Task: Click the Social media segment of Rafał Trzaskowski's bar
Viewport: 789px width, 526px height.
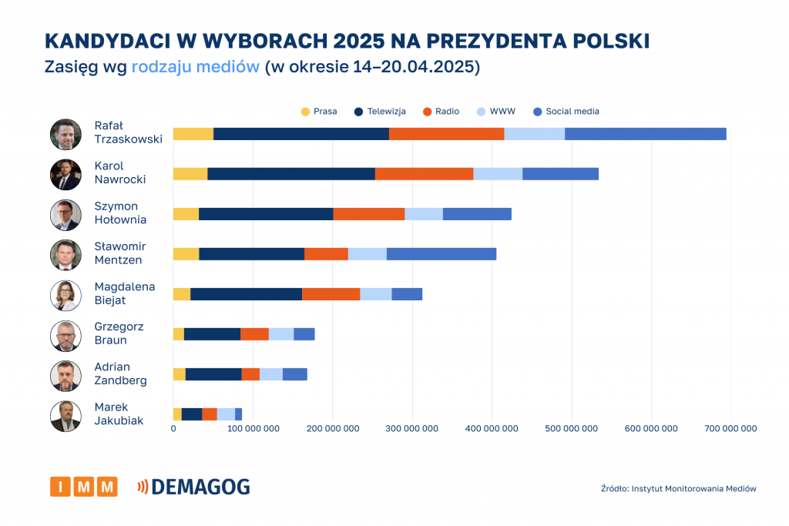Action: pyautogui.click(x=645, y=134)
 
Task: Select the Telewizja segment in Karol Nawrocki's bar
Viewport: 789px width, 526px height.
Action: pyautogui.click(x=291, y=174)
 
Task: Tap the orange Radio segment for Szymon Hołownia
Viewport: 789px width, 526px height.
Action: pyautogui.click(x=368, y=214)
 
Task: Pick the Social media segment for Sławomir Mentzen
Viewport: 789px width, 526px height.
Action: pyautogui.click(x=441, y=254)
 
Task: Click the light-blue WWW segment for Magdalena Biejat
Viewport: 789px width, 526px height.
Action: pyautogui.click(x=375, y=294)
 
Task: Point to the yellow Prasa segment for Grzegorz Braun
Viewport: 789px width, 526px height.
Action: pyautogui.click(x=179, y=334)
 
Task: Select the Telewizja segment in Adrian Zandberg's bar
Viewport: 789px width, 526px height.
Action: pyautogui.click(x=213, y=374)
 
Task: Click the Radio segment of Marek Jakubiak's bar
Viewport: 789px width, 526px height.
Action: pyautogui.click(x=210, y=414)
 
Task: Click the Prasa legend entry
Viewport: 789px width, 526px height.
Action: pyautogui.click(x=319, y=112)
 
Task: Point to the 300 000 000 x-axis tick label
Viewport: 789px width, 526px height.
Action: pyautogui.click(x=412, y=429)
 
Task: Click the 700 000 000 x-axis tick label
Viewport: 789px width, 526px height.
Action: pyautogui.click(x=731, y=429)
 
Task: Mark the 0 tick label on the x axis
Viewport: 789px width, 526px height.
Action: pyautogui.click(x=173, y=429)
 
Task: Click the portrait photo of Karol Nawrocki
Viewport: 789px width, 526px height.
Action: pyautogui.click(x=65, y=174)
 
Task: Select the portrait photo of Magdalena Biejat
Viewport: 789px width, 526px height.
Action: pyautogui.click(x=65, y=295)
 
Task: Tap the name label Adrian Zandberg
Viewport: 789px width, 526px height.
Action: pyautogui.click(x=120, y=374)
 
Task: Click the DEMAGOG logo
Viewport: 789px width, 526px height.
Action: pyautogui.click(x=193, y=487)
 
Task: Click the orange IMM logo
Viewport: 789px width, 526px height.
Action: pyautogui.click(x=83, y=487)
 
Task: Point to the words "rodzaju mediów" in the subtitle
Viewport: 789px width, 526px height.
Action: pyautogui.click(x=195, y=67)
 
